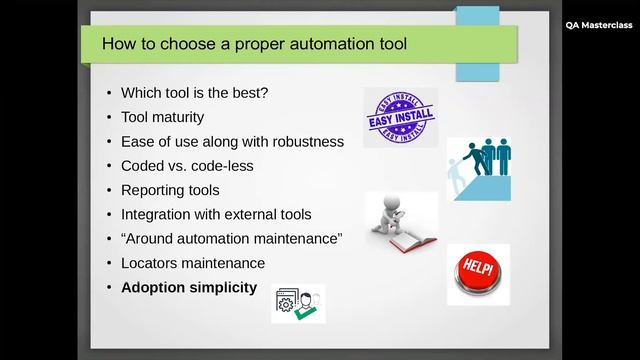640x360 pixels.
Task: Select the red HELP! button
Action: click(478, 273)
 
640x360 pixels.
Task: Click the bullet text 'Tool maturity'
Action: click(162, 117)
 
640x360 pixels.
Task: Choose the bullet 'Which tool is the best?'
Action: click(194, 92)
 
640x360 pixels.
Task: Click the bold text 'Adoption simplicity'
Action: click(189, 288)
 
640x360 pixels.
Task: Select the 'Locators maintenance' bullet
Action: click(193, 263)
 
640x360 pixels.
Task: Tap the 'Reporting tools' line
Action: click(170, 190)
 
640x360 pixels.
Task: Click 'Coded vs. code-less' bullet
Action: click(187, 166)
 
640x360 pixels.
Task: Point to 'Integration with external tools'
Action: click(216, 214)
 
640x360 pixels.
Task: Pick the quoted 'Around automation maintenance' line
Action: click(232, 239)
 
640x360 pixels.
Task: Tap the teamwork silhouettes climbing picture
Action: click(478, 168)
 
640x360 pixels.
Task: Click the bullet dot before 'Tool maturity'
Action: click(108, 117)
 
